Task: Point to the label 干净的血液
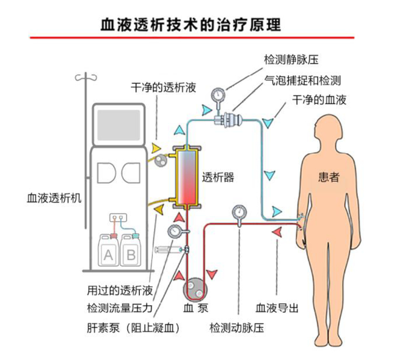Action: [319, 100]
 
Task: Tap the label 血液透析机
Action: [54, 197]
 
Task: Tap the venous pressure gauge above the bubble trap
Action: [219, 94]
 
